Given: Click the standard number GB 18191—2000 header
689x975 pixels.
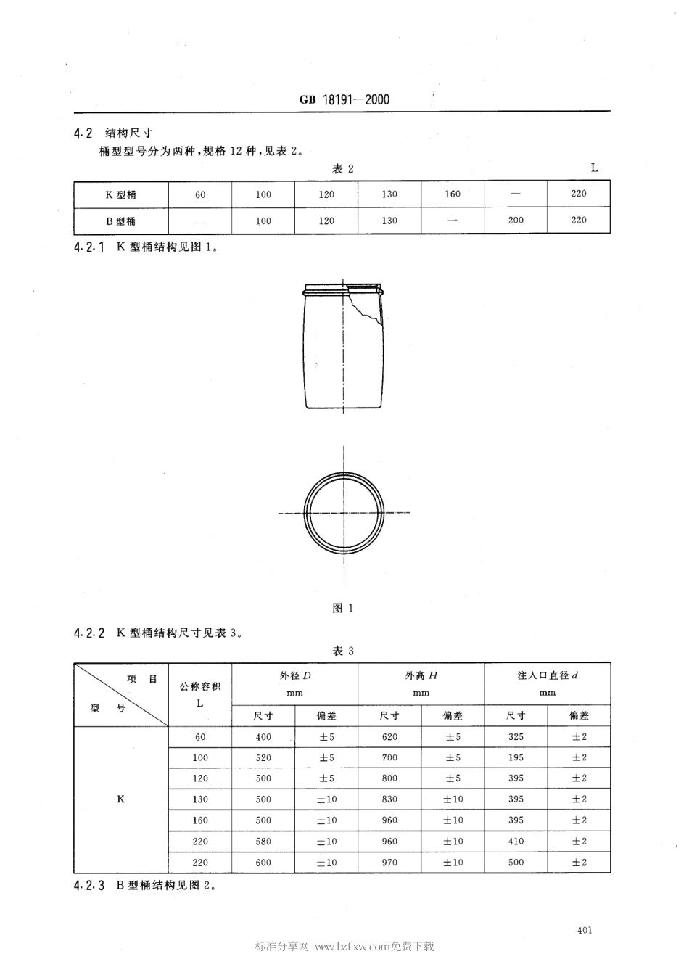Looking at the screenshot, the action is (344, 100).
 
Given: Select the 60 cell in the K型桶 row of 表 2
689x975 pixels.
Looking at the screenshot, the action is (200, 194).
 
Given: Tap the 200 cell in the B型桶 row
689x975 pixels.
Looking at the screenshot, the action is (516, 221).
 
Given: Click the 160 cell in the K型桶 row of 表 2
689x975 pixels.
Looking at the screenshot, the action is (453, 194).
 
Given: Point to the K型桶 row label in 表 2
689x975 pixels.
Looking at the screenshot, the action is (121, 194).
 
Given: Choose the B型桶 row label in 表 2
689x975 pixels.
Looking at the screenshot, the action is (121, 221).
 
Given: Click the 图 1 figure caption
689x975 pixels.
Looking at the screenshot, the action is (342, 608).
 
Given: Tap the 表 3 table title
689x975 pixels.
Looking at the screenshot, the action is (343, 651).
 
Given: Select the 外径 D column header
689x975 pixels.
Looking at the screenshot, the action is (294, 675).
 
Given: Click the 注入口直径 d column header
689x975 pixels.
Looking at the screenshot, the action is (547, 675).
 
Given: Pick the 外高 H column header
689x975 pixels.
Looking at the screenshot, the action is (421, 675).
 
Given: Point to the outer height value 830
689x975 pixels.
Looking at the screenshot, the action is (389, 799).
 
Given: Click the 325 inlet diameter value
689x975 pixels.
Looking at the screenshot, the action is (516, 737).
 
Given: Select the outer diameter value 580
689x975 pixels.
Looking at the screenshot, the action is (263, 842).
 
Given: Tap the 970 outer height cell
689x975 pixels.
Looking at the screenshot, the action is (389, 863).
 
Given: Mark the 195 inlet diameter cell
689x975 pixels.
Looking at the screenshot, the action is (516, 757).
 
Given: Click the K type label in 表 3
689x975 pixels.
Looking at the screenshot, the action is (120, 799).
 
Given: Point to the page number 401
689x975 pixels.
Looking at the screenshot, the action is (585, 930).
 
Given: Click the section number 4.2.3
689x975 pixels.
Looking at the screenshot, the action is (90, 885).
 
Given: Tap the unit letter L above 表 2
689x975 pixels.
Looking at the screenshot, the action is (595, 168).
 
